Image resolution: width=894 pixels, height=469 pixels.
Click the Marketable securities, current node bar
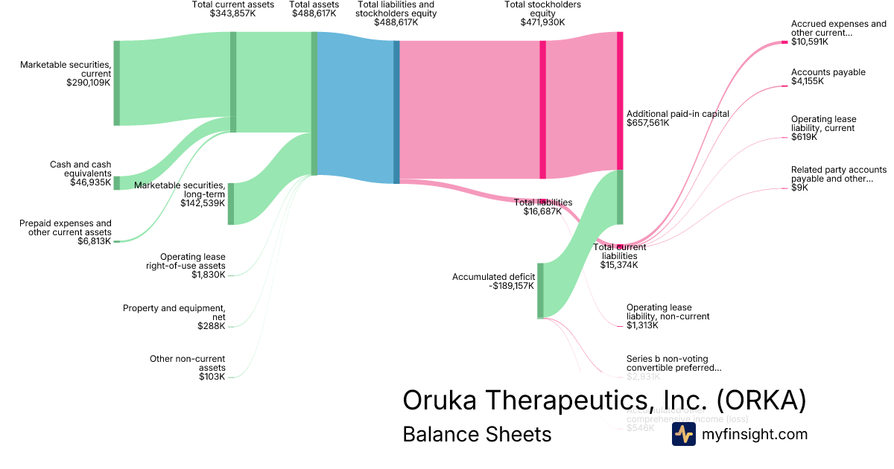(x=116, y=83)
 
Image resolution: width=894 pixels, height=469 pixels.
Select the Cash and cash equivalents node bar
(x=116, y=183)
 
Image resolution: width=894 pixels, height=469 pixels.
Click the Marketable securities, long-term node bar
(x=231, y=203)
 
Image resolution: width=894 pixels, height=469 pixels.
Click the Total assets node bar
(x=314, y=103)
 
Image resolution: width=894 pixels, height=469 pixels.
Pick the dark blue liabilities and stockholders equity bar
(x=396, y=112)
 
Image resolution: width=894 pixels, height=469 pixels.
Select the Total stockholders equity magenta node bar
(x=542, y=109)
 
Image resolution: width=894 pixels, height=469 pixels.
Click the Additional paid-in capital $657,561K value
(x=648, y=123)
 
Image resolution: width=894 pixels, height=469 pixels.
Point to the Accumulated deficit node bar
(x=540, y=290)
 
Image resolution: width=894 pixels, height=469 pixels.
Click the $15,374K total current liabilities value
(x=619, y=265)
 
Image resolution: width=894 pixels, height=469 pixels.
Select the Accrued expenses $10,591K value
(x=810, y=42)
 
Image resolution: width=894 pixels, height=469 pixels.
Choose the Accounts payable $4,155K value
(x=808, y=81)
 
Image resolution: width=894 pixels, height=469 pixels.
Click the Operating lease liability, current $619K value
(x=804, y=137)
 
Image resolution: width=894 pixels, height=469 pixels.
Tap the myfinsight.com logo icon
(x=683, y=435)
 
